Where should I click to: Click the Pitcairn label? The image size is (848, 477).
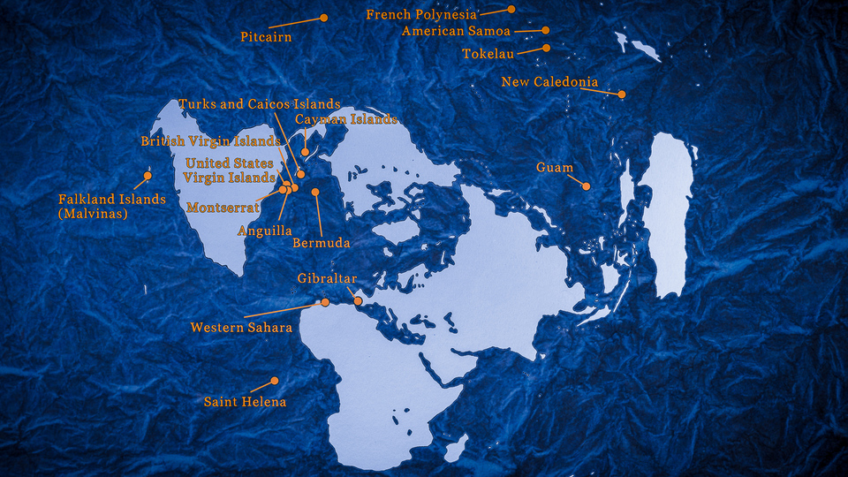266,37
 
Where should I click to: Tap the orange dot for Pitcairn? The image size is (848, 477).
324,18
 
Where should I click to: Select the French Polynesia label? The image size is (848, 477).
421,15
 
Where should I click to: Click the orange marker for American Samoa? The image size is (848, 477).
546,30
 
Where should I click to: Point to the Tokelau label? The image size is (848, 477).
488,54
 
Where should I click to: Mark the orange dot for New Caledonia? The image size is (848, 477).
622,94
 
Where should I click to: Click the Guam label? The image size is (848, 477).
555,168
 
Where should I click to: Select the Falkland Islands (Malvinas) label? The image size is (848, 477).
111,207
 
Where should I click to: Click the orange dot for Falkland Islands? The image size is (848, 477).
147,175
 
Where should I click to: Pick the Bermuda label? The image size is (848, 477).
322,242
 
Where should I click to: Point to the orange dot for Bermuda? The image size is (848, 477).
315,192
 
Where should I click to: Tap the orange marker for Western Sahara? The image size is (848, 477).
325,302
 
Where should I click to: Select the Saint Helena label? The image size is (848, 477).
245,402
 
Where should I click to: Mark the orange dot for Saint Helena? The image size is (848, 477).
275,381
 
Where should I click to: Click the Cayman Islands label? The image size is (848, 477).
346,118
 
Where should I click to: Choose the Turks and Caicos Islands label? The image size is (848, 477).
259,104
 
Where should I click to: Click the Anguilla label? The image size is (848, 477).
265,231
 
